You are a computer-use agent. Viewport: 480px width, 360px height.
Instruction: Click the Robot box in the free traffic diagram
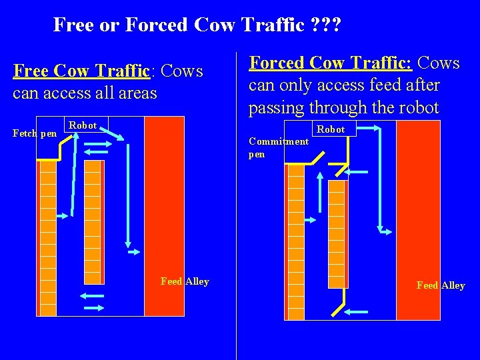click(83, 125)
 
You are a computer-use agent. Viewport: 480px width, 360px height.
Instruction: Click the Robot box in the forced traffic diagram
click(331, 129)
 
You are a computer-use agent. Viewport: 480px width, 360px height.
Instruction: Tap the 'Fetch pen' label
click(35, 133)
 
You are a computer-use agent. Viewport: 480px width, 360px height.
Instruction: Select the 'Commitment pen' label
click(278, 147)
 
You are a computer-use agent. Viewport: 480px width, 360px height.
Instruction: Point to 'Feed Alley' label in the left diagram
click(185, 281)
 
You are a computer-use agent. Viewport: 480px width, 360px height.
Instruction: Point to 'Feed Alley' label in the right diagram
click(441, 285)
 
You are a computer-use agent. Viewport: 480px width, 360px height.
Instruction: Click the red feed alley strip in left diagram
click(164, 213)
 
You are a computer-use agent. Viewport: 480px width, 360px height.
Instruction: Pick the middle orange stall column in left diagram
click(93, 220)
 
